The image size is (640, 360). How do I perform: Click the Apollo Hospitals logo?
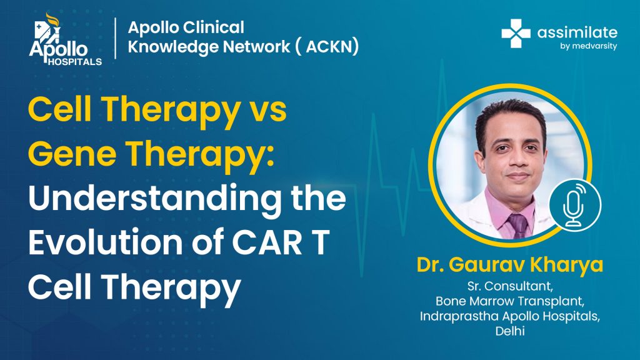click(65, 39)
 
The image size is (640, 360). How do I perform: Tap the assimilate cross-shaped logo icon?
click(516, 34)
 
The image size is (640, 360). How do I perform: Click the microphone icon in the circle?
click(575, 205)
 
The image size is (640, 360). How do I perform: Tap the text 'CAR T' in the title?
click(281, 242)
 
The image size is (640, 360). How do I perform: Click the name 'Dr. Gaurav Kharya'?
click(510, 264)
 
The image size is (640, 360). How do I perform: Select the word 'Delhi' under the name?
click(510, 331)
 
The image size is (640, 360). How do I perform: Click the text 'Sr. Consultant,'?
click(510, 286)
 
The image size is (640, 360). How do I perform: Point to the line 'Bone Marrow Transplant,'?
click(510, 301)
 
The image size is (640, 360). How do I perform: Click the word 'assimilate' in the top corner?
click(577, 32)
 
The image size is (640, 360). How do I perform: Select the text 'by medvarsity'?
click(588, 46)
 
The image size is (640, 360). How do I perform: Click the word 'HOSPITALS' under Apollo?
click(75, 62)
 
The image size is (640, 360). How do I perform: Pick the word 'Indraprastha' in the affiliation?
click(459, 317)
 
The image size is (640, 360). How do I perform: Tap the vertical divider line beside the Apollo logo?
click(116, 38)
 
